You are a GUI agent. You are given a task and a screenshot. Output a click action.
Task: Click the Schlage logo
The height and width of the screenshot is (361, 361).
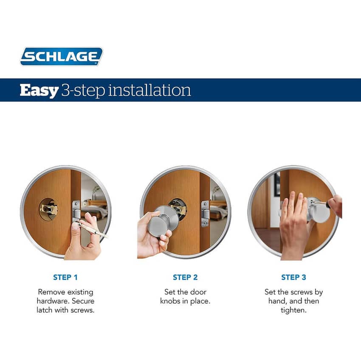coord(62,56)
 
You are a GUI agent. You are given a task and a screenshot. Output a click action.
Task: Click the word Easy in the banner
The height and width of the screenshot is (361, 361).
coord(39,90)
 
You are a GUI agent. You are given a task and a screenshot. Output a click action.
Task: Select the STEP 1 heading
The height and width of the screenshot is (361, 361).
coord(65,277)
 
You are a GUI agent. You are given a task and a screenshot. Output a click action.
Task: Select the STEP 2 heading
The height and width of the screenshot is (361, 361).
coord(185,277)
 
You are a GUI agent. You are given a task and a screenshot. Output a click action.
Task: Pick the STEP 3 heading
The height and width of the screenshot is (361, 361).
coord(293,277)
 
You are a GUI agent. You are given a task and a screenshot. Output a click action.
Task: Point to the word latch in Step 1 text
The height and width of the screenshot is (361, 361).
coord(45,310)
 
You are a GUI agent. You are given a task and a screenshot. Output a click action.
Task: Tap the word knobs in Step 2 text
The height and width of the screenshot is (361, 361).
coord(171,301)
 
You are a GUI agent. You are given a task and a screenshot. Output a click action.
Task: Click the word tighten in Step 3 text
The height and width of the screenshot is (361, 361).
coord(293,310)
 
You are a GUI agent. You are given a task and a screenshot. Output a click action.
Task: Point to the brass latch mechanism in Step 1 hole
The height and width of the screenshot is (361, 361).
coord(48,209)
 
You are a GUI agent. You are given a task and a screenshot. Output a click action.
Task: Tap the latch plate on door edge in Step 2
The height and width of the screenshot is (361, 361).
coord(206,214)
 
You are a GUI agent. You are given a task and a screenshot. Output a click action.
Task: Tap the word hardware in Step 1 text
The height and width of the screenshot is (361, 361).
coord(53,301)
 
